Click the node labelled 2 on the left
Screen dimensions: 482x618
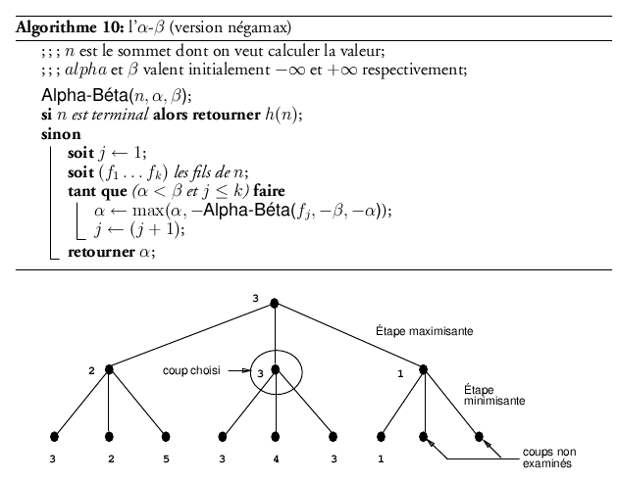point(109,369)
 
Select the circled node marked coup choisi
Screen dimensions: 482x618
point(276,369)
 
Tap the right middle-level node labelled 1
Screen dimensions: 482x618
point(425,369)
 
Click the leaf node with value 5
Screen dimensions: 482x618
point(165,435)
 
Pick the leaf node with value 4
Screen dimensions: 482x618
point(276,435)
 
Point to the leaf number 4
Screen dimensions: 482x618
point(276,458)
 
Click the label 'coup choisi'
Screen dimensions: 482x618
point(190,370)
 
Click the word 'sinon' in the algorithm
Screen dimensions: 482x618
point(46,135)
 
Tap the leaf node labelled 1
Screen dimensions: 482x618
point(381,435)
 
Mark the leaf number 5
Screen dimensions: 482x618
point(166,458)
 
